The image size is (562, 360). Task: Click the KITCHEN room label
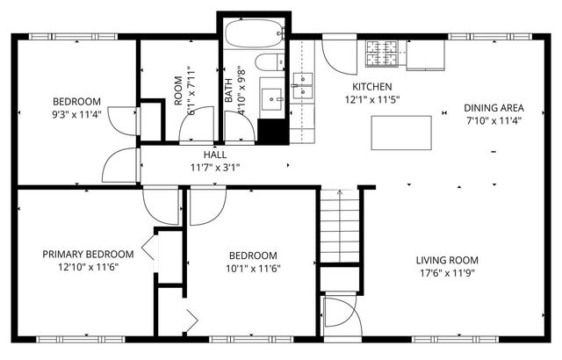372,87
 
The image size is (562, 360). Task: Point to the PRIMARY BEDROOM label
88,254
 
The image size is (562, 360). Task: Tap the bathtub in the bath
256,34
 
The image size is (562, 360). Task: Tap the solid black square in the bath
273,131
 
